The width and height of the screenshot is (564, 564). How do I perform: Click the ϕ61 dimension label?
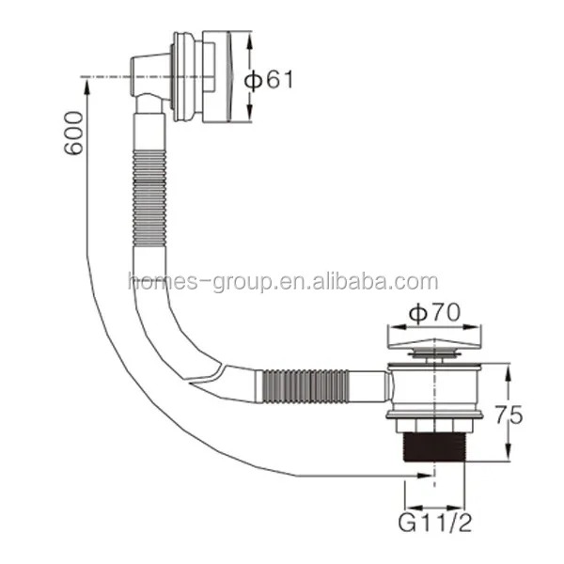pyautogui.click(x=270, y=80)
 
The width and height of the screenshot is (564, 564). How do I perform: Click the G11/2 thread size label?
pyautogui.click(x=434, y=519)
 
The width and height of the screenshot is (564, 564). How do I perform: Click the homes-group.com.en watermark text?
pyautogui.click(x=282, y=281)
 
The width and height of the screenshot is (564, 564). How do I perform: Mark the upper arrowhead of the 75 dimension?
pyautogui.click(x=509, y=368)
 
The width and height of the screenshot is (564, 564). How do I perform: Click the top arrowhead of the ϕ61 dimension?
pyautogui.click(x=250, y=39)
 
